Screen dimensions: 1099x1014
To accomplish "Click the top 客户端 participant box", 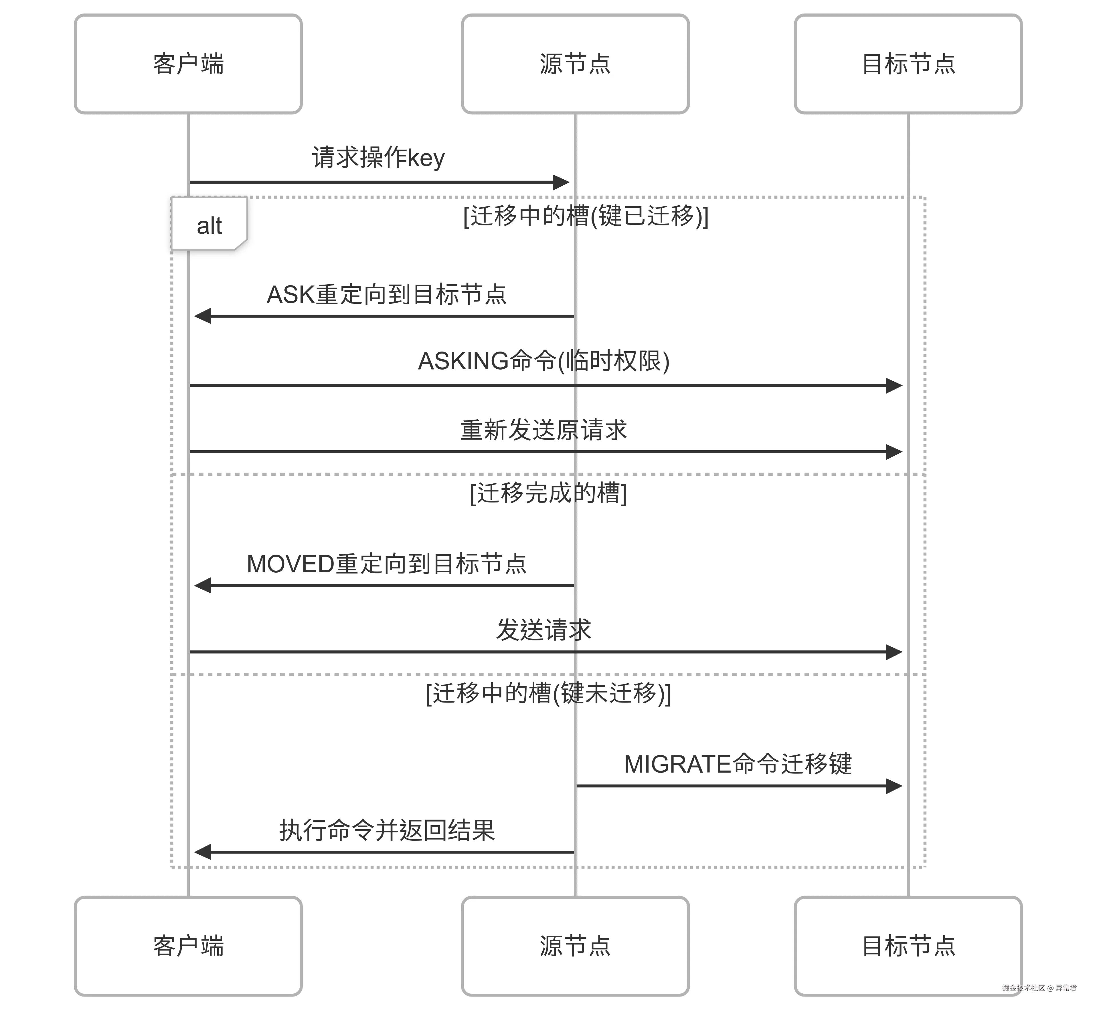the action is point(188,64).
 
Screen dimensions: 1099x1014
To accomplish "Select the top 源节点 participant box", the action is point(575,64).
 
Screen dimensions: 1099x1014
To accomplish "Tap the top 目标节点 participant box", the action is point(908,64).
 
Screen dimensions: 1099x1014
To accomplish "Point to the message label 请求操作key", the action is point(378,158).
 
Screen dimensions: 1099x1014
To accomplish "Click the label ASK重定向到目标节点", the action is point(386,295).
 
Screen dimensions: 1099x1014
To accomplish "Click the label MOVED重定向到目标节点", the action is point(386,564).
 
